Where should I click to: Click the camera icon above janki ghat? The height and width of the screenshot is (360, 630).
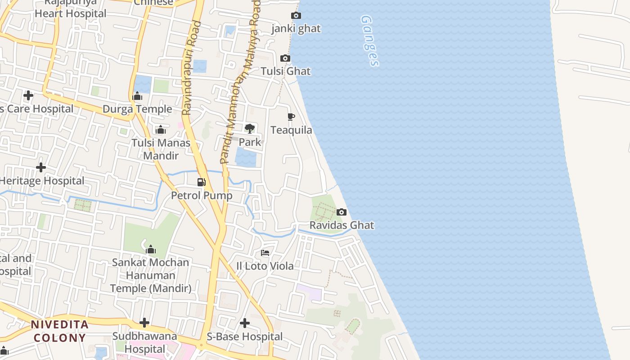tap(296, 16)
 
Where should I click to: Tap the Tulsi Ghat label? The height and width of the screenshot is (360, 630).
tap(286, 71)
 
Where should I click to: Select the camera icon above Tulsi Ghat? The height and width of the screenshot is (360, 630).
tap(285, 58)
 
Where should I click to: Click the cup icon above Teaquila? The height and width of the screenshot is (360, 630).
tap(291, 117)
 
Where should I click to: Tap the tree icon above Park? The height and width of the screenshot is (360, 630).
tap(250, 129)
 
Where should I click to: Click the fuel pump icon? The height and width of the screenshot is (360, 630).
tap(202, 182)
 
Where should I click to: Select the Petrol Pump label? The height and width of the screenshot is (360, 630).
tap(202, 196)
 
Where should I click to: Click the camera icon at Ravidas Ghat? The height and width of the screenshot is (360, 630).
tap(342, 212)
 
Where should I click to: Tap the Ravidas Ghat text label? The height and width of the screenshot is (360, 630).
tap(342, 225)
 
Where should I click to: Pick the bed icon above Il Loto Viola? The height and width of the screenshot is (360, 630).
tap(265, 253)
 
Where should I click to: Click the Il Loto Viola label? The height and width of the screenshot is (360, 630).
tap(265, 266)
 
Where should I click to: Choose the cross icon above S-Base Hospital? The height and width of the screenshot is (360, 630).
tap(245, 323)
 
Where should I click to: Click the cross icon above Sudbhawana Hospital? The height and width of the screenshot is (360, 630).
tap(144, 323)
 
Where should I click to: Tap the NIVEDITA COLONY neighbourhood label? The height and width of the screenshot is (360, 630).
tap(59, 331)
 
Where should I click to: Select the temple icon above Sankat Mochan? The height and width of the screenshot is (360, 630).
tap(151, 249)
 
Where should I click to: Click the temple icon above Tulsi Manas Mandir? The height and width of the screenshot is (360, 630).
tap(161, 130)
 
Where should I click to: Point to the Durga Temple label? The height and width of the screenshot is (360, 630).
tap(137, 109)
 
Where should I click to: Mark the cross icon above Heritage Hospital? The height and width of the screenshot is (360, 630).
tap(41, 167)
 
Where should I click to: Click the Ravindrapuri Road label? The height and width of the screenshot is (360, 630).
tap(191, 67)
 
